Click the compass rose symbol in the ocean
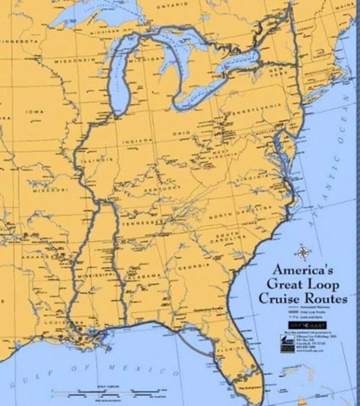(303, 252)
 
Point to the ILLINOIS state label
(97, 161)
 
